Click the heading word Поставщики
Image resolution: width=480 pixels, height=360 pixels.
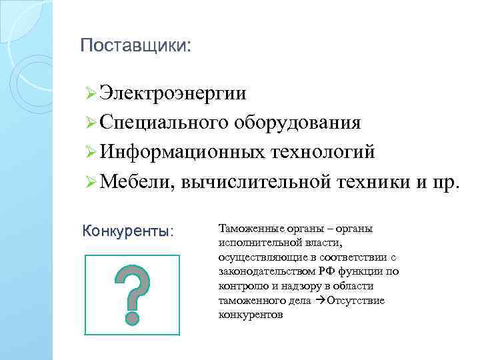pyautogui.click(x=133, y=46)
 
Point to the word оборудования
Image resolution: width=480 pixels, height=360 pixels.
pyautogui.click(x=297, y=123)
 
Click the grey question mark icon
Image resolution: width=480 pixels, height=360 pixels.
pyautogui.click(x=132, y=294)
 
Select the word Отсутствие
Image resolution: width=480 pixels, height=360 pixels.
pyautogui.click(x=356, y=301)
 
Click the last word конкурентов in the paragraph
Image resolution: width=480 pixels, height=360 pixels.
pyautogui.click(x=251, y=315)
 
